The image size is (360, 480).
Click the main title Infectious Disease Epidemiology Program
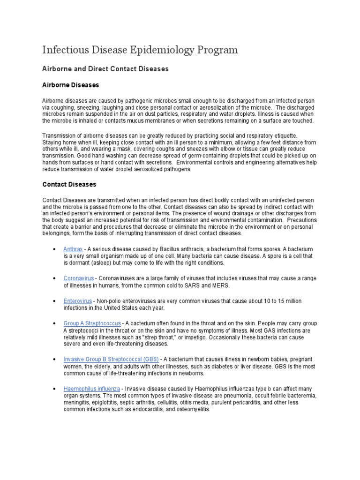coord(140,50)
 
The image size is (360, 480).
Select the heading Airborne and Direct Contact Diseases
coord(105,69)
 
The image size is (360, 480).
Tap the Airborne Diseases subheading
coord(71,85)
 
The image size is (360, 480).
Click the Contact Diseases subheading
coord(69,185)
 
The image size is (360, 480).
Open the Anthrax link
coord(73,248)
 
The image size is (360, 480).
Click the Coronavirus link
coord(79,278)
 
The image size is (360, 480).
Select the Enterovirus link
coord(78,301)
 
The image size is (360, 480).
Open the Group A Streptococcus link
coord(92,323)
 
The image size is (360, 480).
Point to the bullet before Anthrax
coord(56,248)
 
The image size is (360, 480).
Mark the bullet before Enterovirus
coord(56,301)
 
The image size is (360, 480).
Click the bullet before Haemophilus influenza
coord(56,389)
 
